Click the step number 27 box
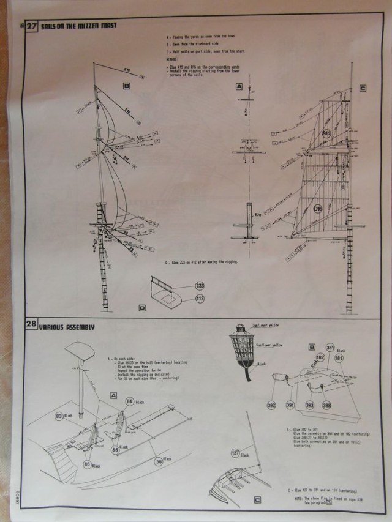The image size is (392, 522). [32, 26]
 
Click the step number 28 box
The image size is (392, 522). [32, 327]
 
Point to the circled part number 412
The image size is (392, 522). [200, 299]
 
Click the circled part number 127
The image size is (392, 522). [236, 453]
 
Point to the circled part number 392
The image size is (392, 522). [271, 405]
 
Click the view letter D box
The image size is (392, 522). [142, 308]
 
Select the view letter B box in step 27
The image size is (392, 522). [126, 86]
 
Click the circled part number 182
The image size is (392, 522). [320, 357]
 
